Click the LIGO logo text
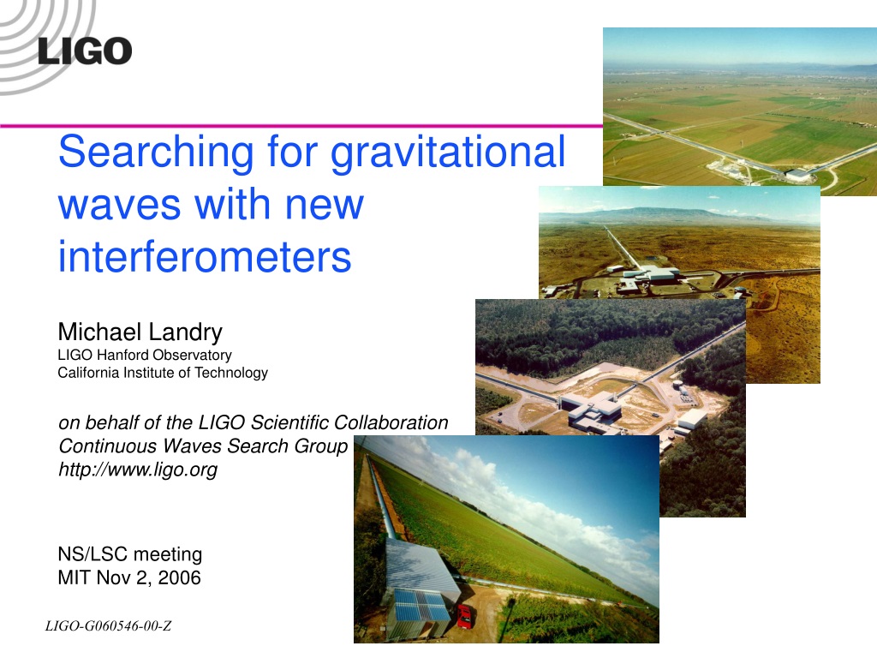tap(85, 51)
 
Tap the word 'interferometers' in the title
tap(205, 256)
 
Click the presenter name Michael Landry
tap(140, 332)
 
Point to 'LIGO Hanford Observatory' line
tap(144, 355)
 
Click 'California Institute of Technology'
tap(163, 373)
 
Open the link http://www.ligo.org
tap(138, 470)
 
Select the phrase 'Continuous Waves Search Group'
tap(203, 446)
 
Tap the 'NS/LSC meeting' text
tap(130, 554)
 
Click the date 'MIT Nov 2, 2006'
tap(129, 577)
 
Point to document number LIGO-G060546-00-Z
tap(108, 625)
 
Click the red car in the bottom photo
tap(464, 616)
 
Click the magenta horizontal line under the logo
tap(301, 126)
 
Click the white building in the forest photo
tap(593, 410)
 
